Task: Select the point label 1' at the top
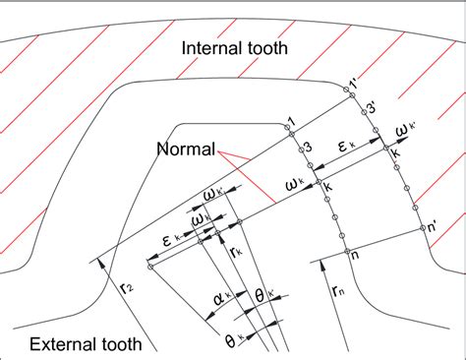(357, 79)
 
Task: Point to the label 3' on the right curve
(371, 106)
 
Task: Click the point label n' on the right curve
(428, 227)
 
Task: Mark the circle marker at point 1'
(348, 90)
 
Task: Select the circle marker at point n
(345, 253)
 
